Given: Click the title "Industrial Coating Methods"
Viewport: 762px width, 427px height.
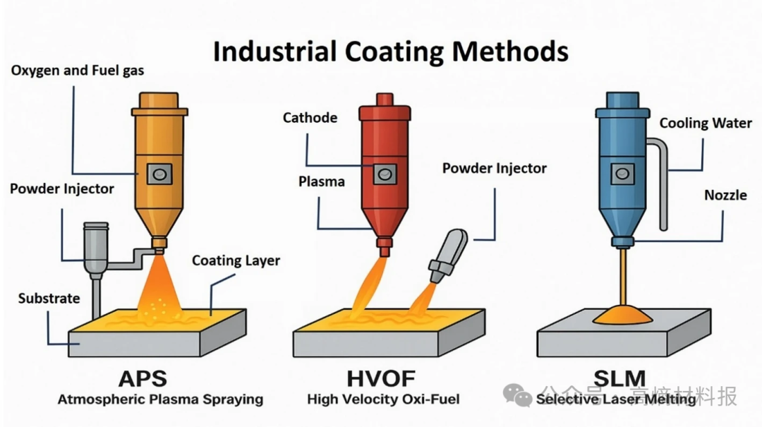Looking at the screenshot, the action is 391,52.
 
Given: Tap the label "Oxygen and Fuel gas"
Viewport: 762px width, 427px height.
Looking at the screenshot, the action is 78,71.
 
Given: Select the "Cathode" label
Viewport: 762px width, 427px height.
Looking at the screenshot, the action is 310,118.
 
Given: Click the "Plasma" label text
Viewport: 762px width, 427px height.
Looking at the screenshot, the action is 322,181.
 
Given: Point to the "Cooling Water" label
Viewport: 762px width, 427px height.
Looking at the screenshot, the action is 706,123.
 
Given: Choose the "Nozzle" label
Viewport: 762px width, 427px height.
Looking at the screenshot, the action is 725,195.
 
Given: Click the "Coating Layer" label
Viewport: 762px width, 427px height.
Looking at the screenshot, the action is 236,260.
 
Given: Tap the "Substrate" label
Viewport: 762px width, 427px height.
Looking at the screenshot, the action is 49,298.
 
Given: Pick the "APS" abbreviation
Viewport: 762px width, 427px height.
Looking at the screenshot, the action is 143,379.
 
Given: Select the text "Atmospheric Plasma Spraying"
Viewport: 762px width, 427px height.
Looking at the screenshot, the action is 160,399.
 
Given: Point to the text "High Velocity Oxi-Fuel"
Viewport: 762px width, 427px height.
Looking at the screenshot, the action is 383,399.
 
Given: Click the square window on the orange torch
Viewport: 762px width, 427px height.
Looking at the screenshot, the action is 159,174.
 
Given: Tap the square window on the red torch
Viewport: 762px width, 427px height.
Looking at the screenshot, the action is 385,174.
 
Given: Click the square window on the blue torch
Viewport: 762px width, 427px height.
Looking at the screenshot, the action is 622,174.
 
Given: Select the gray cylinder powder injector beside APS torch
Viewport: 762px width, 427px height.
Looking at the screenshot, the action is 96,249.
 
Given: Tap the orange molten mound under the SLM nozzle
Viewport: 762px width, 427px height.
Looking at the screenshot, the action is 622,314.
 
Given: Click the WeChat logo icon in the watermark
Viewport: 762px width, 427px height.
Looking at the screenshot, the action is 518,395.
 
